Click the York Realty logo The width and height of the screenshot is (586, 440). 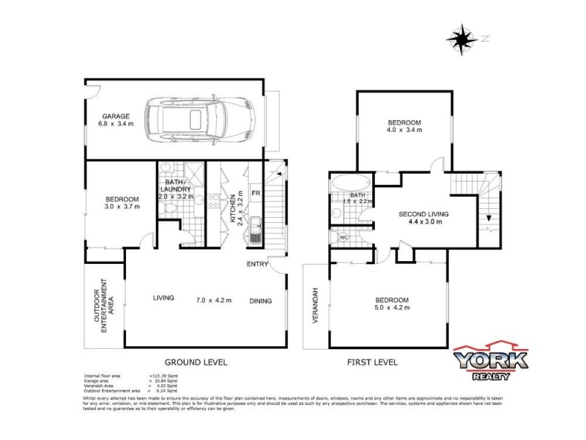click(x=490, y=362)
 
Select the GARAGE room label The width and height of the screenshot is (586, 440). click(x=116, y=116)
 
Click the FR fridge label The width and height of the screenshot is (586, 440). click(x=256, y=193)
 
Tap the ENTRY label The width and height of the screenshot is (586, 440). click(x=257, y=264)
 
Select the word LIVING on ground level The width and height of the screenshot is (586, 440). click(x=163, y=298)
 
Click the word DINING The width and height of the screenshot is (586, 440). click(x=261, y=300)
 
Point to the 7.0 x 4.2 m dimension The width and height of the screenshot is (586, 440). click(x=214, y=300)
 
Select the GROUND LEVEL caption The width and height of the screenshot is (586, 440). click(x=196, y=362)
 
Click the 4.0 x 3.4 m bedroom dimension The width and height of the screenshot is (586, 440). click(x=404, y=130)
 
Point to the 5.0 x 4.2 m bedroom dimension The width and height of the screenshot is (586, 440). click(x=392, y=308)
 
